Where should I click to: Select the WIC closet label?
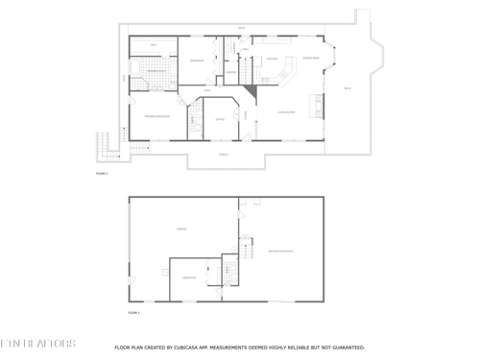[x=154, y=45]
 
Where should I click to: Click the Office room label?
[x=220, y=119]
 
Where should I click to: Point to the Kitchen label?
[x=273, y=60]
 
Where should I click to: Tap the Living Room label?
[x=285, y=112]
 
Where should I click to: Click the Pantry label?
[x=231, y=72]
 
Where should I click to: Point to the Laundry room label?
[x=230, y=50]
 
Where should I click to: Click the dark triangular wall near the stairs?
[x=250, y=91]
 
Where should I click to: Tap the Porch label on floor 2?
[x=223, y=154]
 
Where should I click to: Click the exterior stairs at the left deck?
[x=104, y=146]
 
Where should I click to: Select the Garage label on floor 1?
[x=180, y=228]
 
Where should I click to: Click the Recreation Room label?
[x=280, y=252]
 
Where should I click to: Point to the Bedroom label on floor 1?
[x=189, y=277]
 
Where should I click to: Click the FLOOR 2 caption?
[x=102, y=174]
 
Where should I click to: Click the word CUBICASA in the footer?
[x=193, y=347]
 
